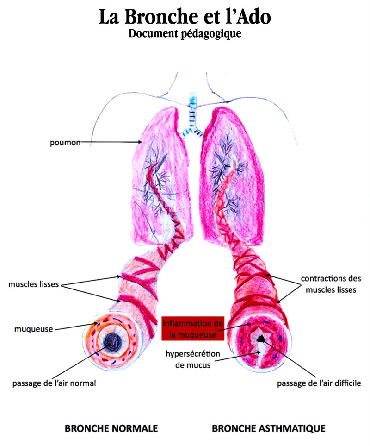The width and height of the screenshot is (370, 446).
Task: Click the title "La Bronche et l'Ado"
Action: (185, 17)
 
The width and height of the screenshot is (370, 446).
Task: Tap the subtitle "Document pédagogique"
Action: (185, 34)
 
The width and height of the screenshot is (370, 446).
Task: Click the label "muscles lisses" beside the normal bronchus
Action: (34, 284)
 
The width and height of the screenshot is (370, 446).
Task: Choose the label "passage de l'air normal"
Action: (54, 383)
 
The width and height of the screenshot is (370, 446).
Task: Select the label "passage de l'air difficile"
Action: (319, 383)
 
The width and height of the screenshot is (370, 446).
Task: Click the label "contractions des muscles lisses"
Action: (328, 285)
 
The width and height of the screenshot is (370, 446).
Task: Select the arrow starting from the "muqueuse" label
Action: (74, 327)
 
